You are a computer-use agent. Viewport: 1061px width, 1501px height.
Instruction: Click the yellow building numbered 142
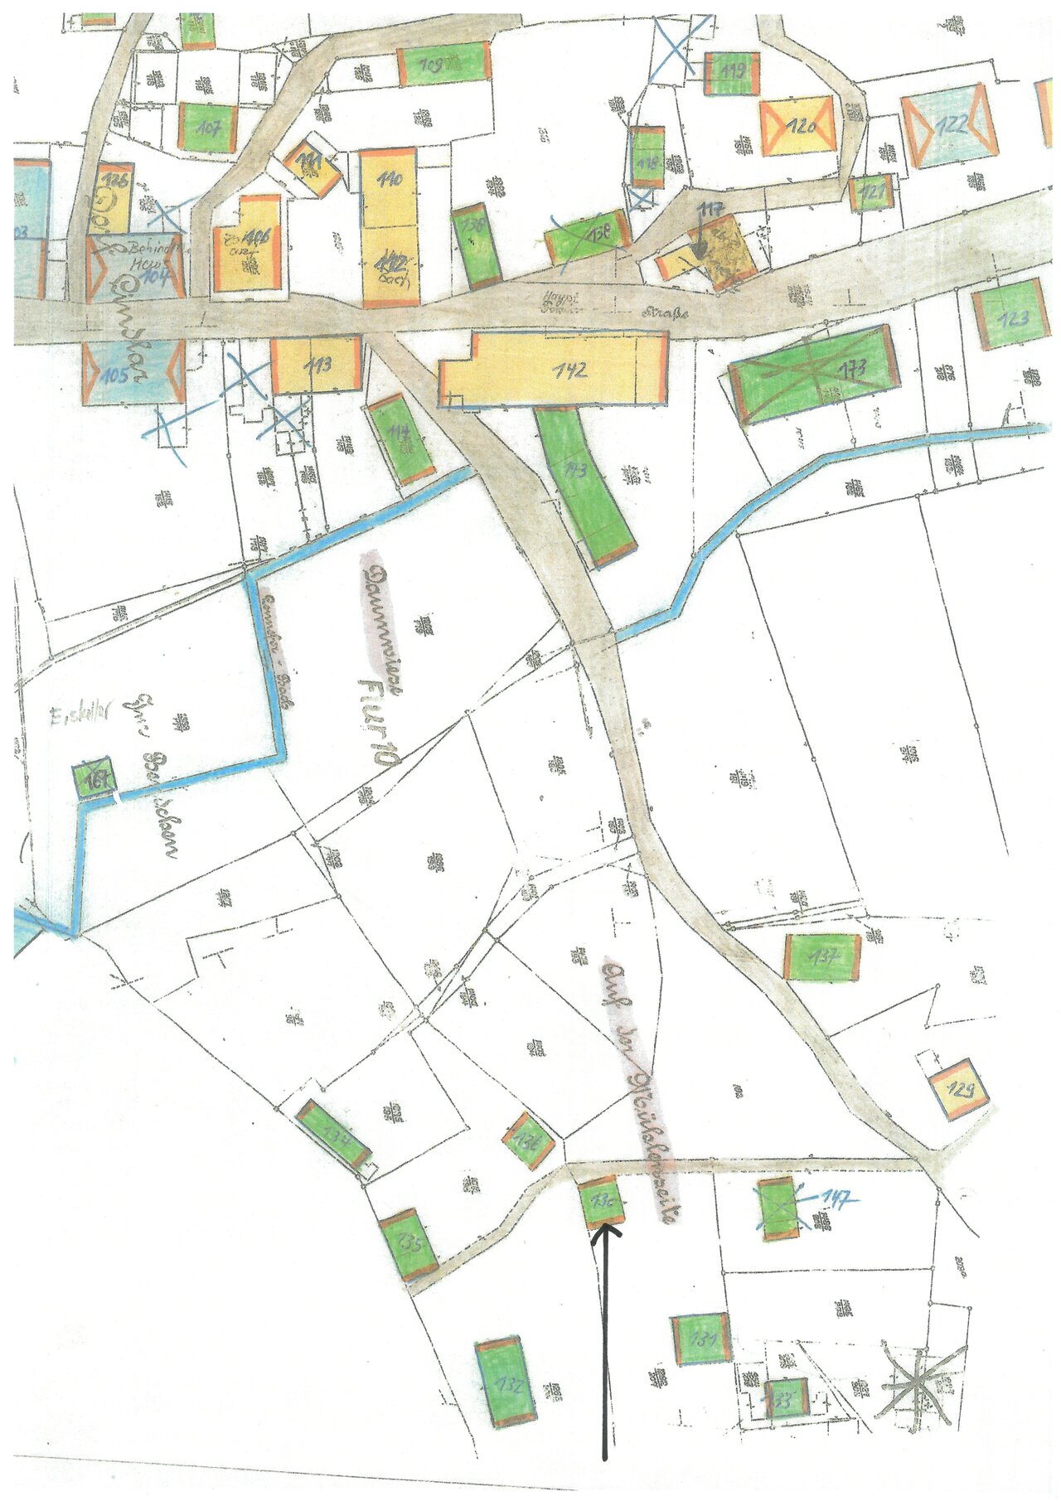pos(554,370)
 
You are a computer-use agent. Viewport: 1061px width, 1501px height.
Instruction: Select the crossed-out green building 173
pos(813,372)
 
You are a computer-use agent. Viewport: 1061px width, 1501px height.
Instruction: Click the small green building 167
pos(93,777)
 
